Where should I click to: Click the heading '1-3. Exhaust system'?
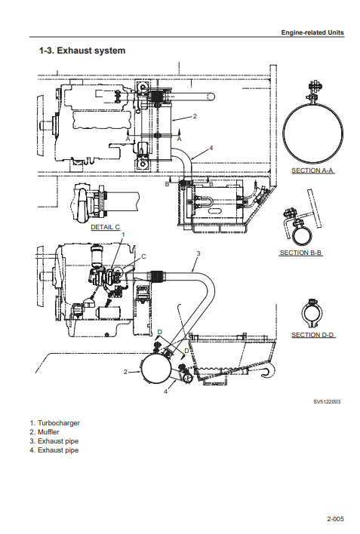coord(82,51)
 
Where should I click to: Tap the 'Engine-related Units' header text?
coord(312,32)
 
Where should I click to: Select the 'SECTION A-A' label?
coord(312,170)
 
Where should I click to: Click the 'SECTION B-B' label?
coord(300,253)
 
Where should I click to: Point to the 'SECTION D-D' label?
coord(312,335)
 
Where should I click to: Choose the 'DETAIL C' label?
coord(106,227)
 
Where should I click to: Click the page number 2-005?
coord(335,519)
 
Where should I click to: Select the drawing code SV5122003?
coord(327,402)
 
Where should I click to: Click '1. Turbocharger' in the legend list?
coord(54,423)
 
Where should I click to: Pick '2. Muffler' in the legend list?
coord(45,432)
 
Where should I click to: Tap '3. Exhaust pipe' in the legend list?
coord(54,441)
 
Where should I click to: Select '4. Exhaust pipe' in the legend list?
coord(54,450)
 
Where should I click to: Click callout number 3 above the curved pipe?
coord(198,253)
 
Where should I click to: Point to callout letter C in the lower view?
coord(143,256)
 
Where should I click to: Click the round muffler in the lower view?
coord(156,370)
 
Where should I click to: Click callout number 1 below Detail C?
coord(124,235)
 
